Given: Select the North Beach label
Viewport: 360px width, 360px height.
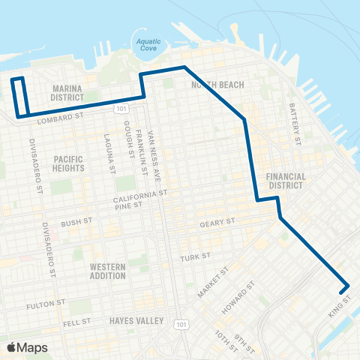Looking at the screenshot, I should (217, 85).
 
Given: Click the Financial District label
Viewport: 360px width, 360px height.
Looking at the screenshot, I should (286, 181).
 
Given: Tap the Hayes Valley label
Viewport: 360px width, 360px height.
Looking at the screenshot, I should (136, 321).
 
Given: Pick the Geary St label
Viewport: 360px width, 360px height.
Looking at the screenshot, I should (218, 223).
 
